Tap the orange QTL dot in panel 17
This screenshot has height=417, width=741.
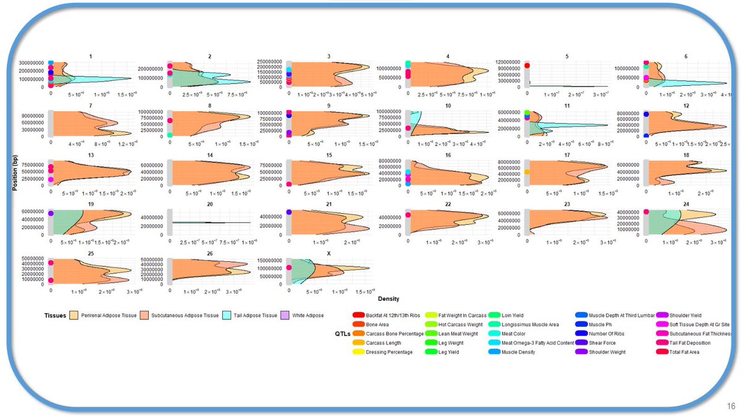[x=527, y=172]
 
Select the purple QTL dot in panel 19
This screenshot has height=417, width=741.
[x=51, y=213]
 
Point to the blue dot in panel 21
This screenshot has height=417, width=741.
[x=288, y=213]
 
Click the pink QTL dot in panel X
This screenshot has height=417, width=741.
[x=288, y=267]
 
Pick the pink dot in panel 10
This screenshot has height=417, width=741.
[x=408, y=128]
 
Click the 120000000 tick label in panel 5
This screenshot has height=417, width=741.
[x=507, y=62]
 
